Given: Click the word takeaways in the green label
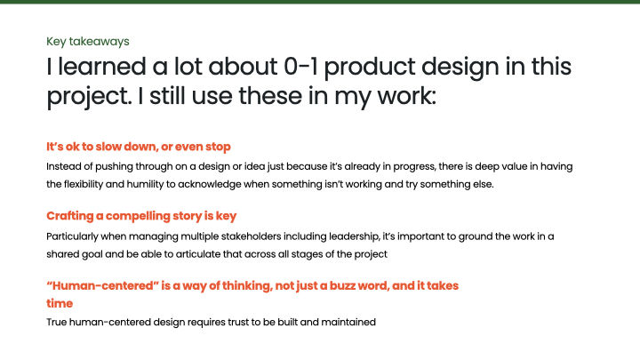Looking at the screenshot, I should point(103,42).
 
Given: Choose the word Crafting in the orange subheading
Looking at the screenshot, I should point(71,216).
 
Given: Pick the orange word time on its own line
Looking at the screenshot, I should point(59,303).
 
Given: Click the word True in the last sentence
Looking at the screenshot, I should point(57,322).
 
